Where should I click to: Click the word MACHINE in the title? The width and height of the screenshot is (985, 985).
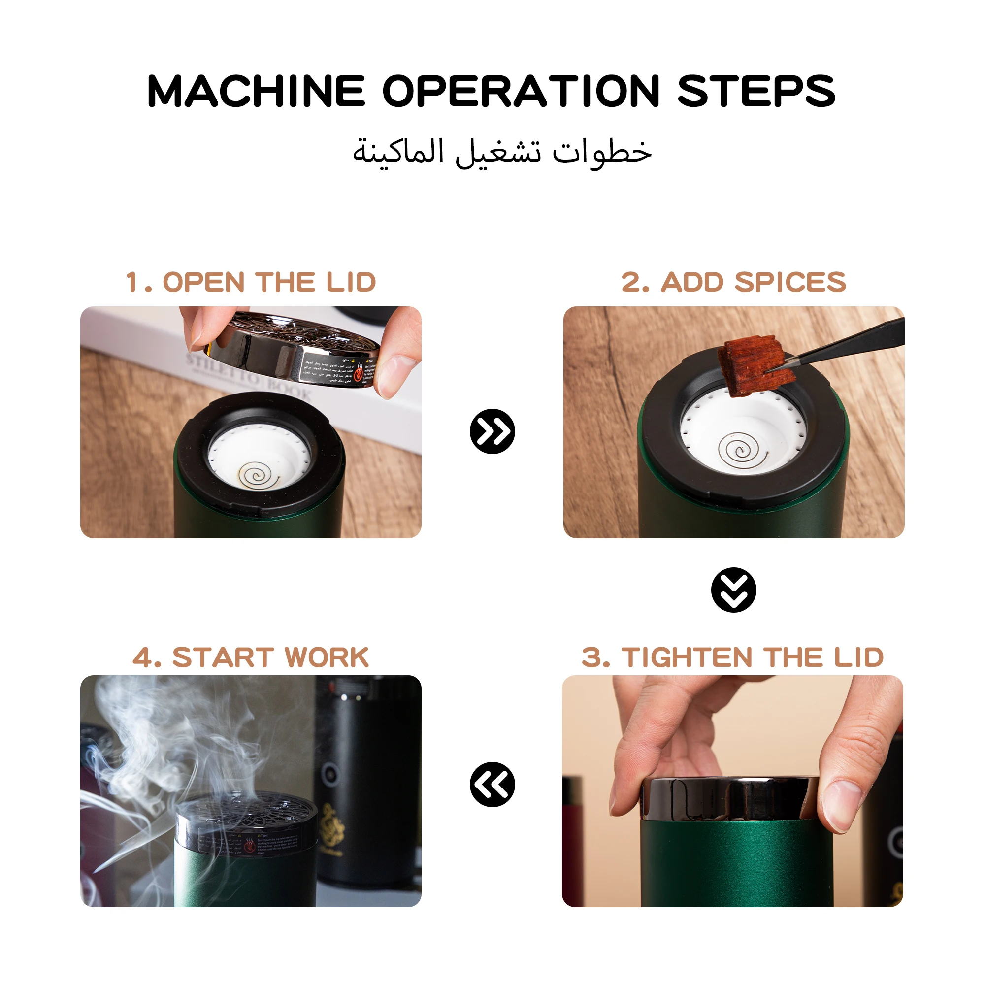(x=256, y=92)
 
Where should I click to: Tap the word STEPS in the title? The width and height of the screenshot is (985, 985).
(x=756, y=92)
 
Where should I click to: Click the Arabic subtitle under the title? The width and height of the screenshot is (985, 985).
(x=502, y=152)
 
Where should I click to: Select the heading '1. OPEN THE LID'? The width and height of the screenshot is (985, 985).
(x=251, y=282)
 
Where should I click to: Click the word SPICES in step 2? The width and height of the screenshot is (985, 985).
(x=790, y=282)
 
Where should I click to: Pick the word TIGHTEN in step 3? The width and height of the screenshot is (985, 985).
(x=686, y=657)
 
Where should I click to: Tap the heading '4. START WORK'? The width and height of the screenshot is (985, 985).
(x=251, y=657)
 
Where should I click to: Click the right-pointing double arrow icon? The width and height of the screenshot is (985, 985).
(x=492, y=431)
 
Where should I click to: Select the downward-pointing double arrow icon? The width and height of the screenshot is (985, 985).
(x=733, y=590)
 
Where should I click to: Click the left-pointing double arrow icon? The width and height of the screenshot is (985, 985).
(x=492, y=785)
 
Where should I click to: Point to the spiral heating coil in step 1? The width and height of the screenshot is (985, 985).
(x=258, y=476)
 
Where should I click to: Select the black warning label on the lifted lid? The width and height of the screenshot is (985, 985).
(x=339, y=371)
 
